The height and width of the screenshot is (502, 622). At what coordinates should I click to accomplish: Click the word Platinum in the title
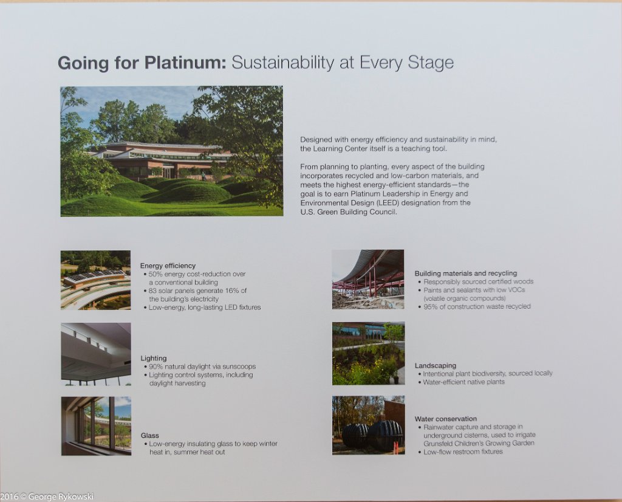click(185, 63)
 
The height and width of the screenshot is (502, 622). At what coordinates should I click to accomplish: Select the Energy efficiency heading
click(168, 266)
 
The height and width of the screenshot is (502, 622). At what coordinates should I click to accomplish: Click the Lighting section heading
click(154, 359)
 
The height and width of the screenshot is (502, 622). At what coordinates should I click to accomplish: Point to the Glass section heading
click(149, 435)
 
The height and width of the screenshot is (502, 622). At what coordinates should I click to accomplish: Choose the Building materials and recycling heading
click(466, 273)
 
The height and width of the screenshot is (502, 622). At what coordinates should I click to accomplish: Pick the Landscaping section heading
click(435, 366)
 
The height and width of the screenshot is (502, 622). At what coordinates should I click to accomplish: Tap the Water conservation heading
click(445, 419)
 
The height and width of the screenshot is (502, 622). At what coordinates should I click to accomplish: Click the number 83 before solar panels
click(152, 291)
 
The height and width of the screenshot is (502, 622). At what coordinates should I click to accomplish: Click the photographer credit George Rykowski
click(61, 497)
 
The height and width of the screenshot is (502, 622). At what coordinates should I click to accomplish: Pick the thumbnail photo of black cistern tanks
click(369, 425)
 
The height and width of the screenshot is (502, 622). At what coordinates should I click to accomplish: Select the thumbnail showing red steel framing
click(368, 280)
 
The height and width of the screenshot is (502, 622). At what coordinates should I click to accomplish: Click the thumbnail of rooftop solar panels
click(95, 280)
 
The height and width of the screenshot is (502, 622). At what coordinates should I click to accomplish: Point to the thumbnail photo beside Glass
click(96, 426)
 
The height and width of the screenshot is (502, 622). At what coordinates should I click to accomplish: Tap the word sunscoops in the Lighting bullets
click(239, 366)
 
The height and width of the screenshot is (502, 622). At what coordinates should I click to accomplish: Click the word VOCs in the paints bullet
click(516, 290)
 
